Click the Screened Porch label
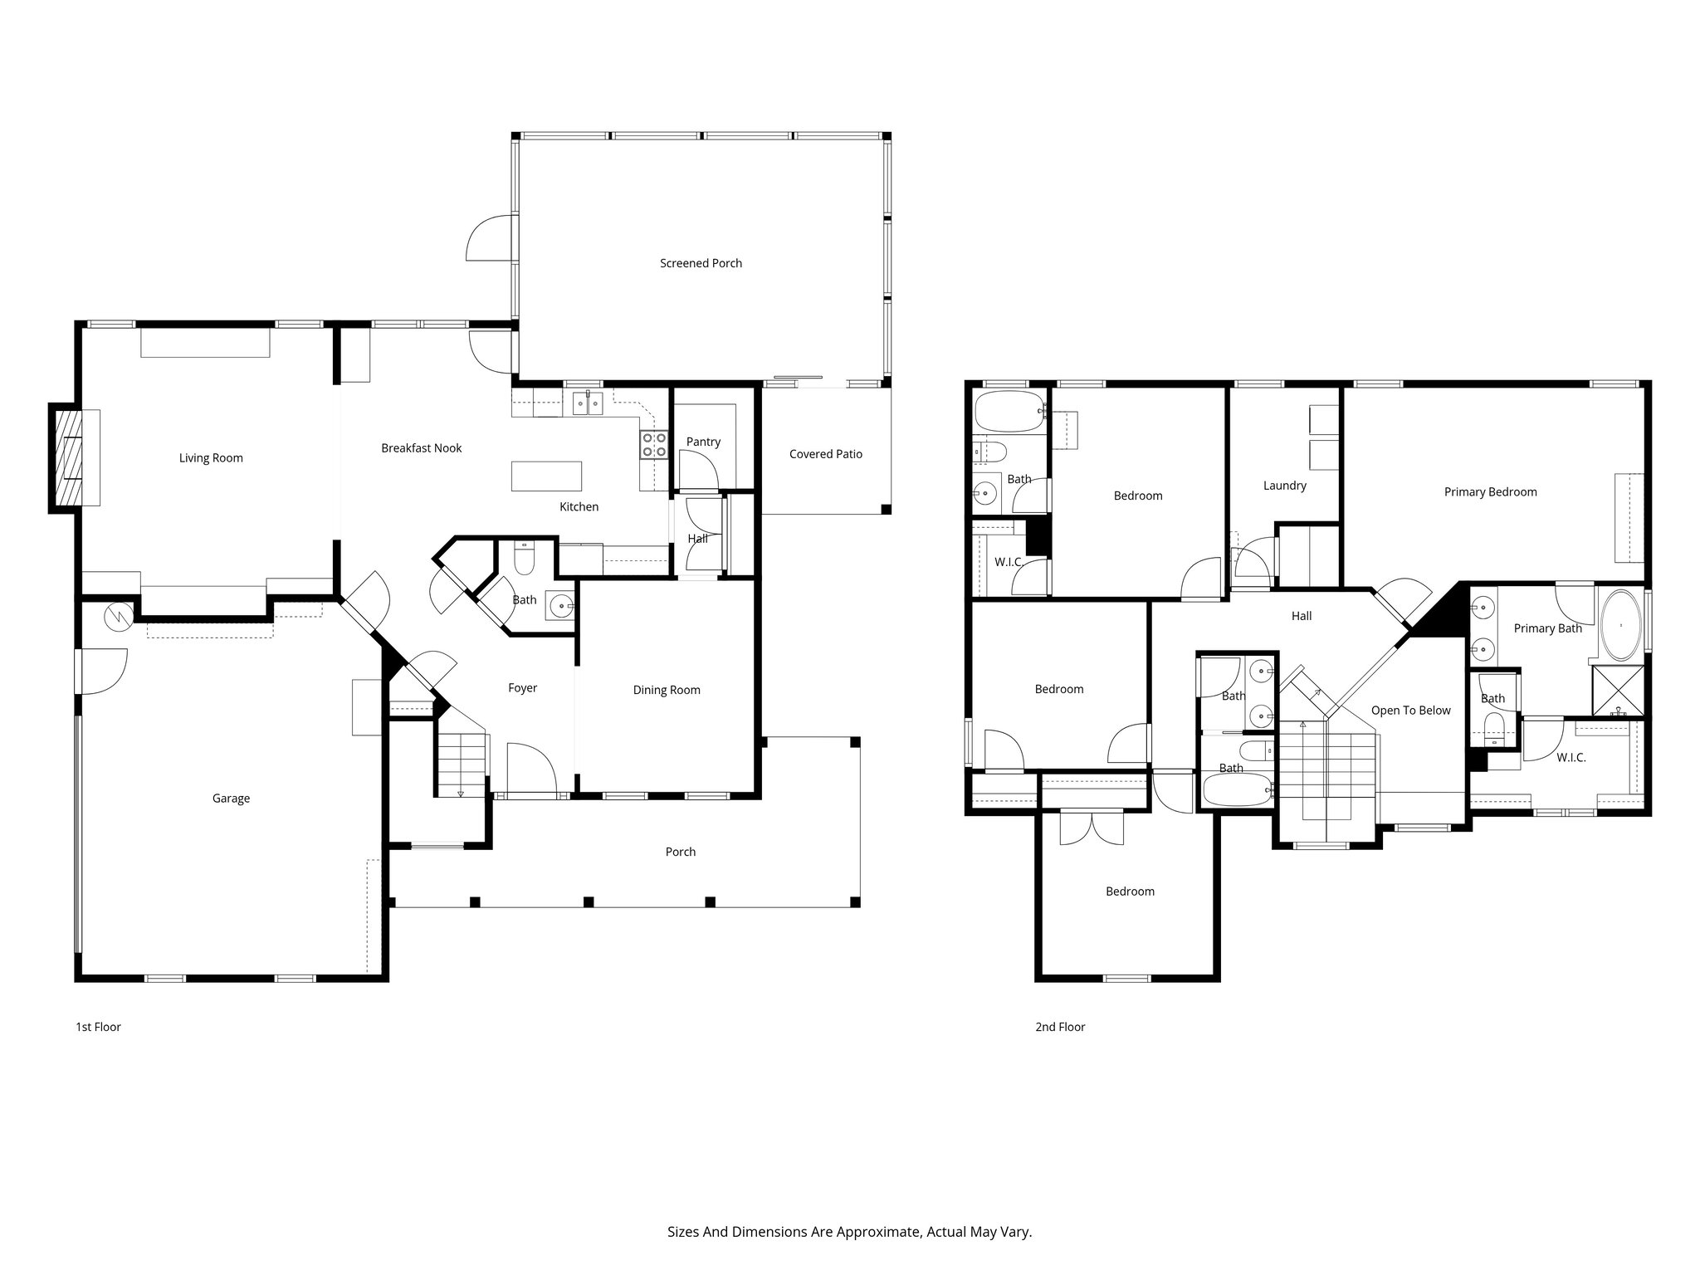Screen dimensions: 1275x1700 tap(701, 263)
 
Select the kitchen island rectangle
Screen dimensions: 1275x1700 tap(546, 476)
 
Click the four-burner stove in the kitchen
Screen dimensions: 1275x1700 tap(654, 446)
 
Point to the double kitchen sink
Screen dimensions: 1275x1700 tap(588, 404)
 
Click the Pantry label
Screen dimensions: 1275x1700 tap(703, 442)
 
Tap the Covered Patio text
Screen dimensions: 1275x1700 tap(825, 454)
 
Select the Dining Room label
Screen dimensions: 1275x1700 tap(667, 690)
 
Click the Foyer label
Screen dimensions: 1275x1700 tap(522, 688)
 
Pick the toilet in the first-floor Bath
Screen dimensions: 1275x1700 tap(524, 560)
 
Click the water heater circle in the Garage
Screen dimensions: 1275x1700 tap(118, 617)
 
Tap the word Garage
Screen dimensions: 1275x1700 tap(231, 799)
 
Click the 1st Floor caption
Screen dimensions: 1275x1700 tap(98, 1027)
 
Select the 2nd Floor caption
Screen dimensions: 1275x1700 tap(1060, 1027)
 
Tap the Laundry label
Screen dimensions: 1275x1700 tap(1284, 486)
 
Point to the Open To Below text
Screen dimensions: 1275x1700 tap(1410, 711)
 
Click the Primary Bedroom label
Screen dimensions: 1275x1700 tap(1490, 492)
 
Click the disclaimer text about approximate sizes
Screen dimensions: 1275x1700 tap(849, 1232)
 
